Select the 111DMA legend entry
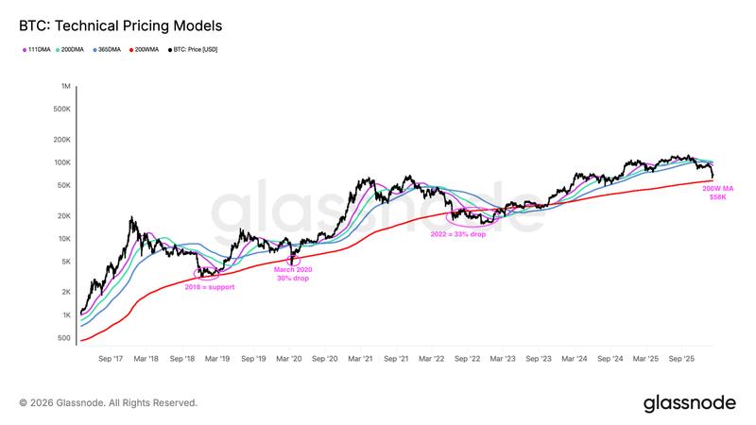[38, 49]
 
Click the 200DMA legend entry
[73, 49]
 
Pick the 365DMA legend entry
[107, 49]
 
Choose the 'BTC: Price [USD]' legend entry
[194, 49]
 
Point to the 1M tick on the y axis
[65, 86]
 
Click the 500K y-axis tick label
[61, 109]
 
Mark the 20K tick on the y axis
[63, 215]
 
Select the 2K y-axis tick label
[65, 292]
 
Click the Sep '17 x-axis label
[111, 359]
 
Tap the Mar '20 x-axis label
[289, 359]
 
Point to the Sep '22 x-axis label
[468, 359]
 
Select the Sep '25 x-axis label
[682, 359]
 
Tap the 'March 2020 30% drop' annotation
[292, 274]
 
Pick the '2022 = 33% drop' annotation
[458, 233]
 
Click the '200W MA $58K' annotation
[717, 193]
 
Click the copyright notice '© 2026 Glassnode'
[109, 402]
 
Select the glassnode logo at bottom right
[689, 402]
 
